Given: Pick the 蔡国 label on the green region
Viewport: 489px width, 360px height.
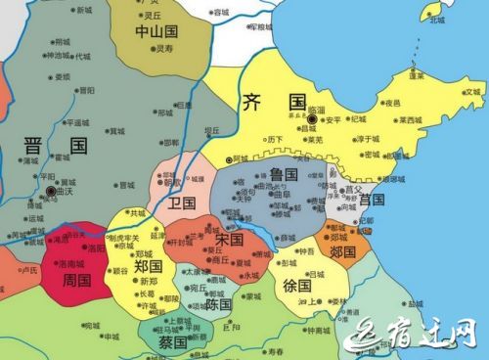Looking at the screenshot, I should [172, 342].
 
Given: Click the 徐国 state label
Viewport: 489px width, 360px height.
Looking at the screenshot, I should [297, 288].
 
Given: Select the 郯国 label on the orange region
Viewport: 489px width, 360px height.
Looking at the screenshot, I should [342, 251].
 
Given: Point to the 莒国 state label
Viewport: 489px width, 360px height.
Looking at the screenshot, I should [372, 200].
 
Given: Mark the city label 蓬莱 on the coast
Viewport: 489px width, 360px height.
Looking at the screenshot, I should [417, 75].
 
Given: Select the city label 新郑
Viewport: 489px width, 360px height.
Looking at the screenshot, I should [149, 281].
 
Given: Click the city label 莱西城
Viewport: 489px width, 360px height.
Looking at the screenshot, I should [410, 119].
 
